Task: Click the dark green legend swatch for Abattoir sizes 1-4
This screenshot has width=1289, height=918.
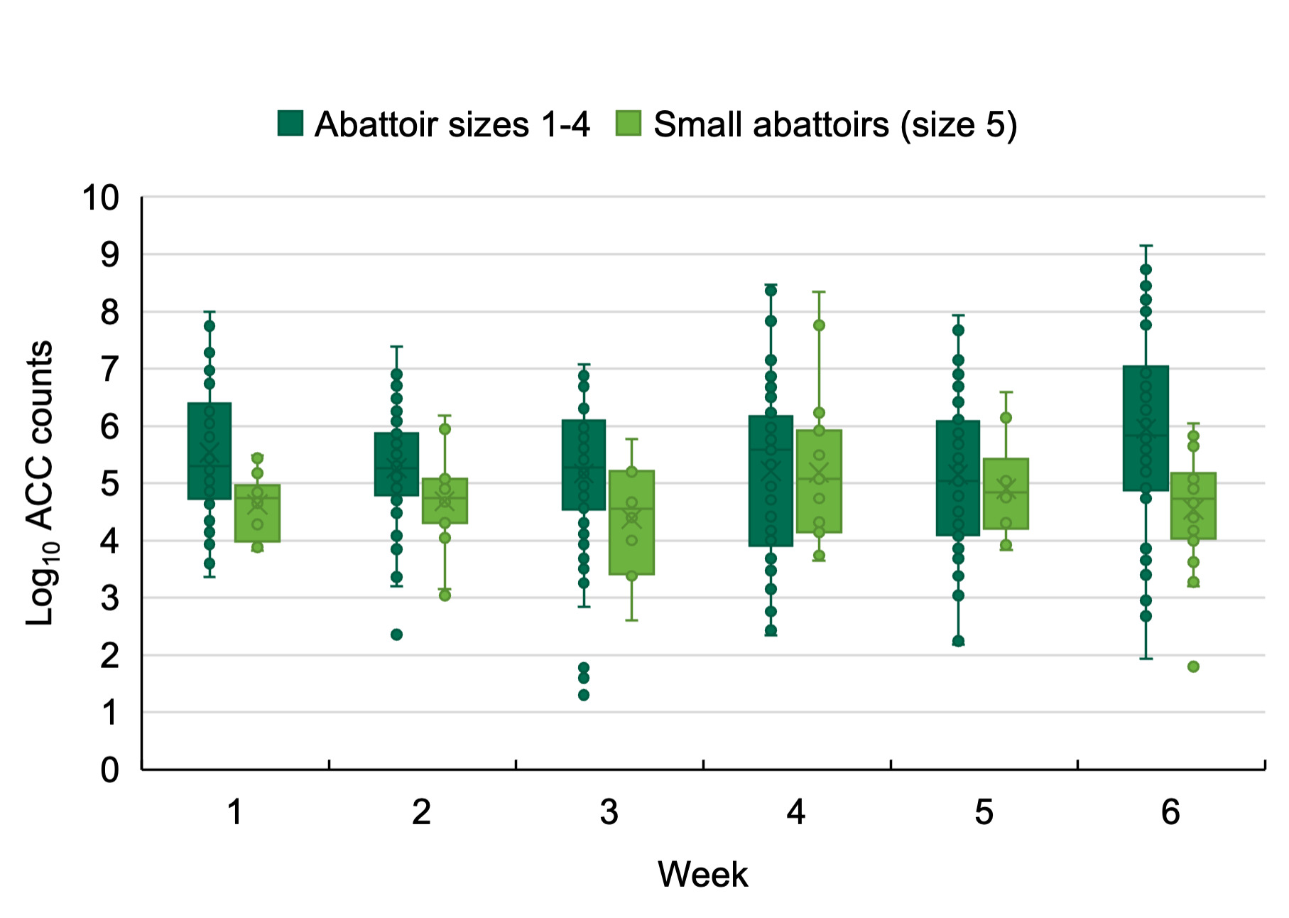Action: point(290,123)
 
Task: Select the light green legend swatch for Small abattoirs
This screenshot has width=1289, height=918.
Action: point(628,123)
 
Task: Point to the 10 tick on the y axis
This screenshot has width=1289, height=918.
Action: point(100,198)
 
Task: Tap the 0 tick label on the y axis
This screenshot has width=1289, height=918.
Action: point(109,769)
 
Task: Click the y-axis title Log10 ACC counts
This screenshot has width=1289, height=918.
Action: point(40,483)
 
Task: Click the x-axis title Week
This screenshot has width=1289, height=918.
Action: point(702,874)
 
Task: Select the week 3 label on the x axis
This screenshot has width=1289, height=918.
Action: point(609,811)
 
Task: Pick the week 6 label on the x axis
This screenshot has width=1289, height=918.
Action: point(1170,811)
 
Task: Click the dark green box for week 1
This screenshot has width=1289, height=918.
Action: point(209,451)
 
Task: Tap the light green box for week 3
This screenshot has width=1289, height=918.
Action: point(631,522)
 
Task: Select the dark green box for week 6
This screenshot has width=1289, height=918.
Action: point(1145,428)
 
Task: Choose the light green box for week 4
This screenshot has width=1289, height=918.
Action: point(819,481)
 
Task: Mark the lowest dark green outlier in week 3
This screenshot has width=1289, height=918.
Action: point(583,695)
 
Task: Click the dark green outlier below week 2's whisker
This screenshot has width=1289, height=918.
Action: point(396,634)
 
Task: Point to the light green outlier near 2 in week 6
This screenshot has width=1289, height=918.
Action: point(1193,666)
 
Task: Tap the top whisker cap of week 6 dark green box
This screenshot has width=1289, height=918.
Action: point(1145,246)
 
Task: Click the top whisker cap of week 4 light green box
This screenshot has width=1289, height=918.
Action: point(819,292)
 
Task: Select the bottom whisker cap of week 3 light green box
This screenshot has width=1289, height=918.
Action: point(631,620)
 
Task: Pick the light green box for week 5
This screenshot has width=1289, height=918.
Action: point(1006,494)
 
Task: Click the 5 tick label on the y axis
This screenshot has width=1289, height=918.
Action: point(109,484)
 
